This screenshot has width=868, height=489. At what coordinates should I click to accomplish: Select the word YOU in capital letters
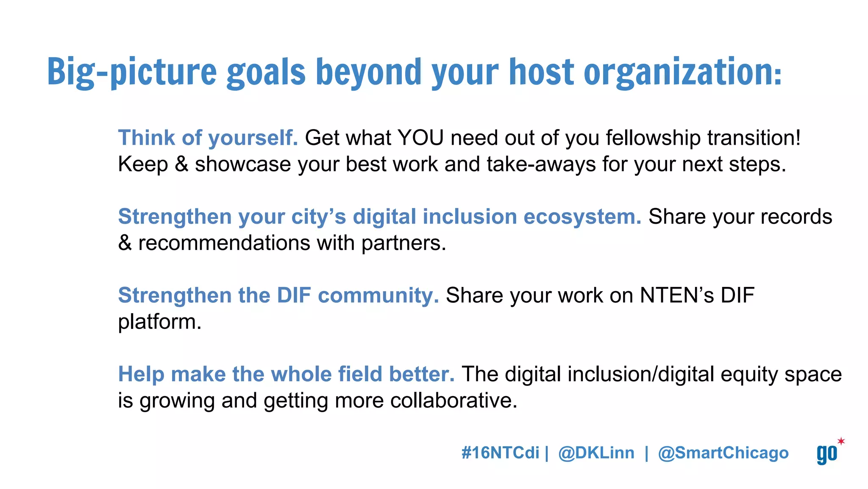[421, 138]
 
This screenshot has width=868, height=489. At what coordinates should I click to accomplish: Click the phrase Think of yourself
[208, 138]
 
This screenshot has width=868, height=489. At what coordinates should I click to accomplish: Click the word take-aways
[541, 164]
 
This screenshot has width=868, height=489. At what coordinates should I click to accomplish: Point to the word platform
[159, 322]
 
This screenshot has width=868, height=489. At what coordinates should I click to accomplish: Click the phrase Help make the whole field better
[286, 374]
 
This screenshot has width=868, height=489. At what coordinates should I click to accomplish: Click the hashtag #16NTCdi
[500, 453]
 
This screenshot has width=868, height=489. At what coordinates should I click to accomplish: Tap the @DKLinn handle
[596, 453]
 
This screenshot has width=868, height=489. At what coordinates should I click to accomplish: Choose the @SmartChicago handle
[723, 453]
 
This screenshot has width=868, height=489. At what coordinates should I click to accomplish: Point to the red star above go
[841, 441]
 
